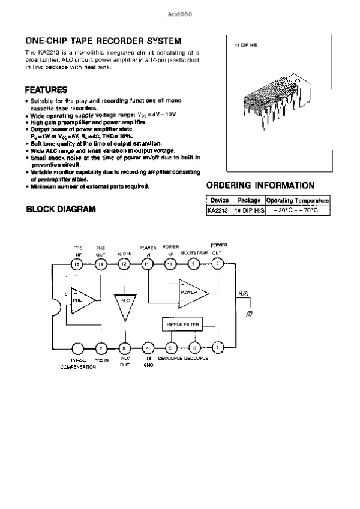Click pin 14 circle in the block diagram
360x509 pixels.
click(x=77, y=264)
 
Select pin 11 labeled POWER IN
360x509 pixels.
click(x=147, y=264)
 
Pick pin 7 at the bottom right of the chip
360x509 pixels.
click(x=218, y=347)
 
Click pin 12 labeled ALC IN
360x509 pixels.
click(x=124, y=264)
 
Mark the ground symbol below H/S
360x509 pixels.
click(x=249, y=313)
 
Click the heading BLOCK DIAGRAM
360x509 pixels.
click(x=60, y=210)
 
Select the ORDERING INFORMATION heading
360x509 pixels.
click(x=260, y=185)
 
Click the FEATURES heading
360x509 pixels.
click(x=46, y=90)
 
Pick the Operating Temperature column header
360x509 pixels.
click(x=298, y=200)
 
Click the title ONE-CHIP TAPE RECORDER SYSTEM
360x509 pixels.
click(x=103, y=41)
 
